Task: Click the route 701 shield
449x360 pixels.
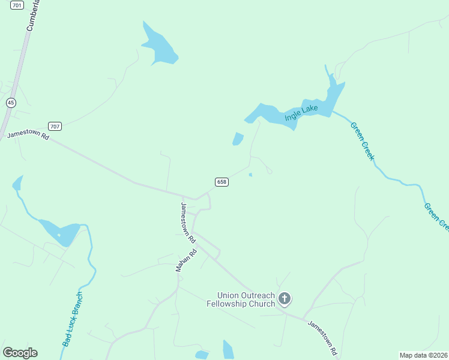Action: pos(17,5)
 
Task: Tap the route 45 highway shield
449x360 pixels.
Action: pos(11,103)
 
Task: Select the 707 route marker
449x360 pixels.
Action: pos(55,126)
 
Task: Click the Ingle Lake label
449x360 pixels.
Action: pos(301,112)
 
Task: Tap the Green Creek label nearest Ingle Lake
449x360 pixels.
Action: pos(362,141)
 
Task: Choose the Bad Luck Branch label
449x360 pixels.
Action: pos(73,319)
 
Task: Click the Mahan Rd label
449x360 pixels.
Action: pos(187,261)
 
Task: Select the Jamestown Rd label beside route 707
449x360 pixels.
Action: pos(28,135)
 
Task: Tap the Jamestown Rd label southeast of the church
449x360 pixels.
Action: pos(323,337)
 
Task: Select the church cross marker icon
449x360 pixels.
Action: pos(285,298)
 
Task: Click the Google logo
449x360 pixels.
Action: pos(20,353)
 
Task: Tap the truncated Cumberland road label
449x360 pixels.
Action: pos(34,16)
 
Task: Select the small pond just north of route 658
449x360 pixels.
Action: pos(238,139)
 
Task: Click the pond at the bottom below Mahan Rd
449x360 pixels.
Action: pos(228,350)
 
